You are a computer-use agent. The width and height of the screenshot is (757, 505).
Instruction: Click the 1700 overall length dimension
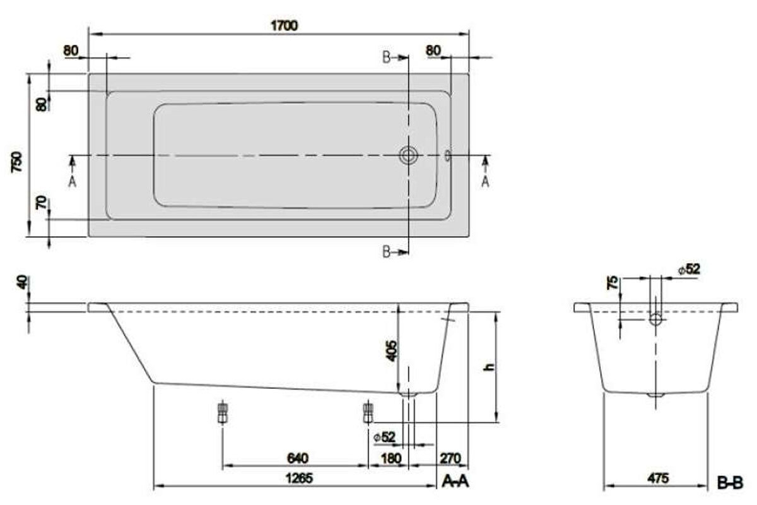click(285, 26)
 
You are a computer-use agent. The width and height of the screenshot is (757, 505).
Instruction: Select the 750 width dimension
click(17, 163)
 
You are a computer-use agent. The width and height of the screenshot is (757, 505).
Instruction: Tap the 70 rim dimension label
click(41, 203)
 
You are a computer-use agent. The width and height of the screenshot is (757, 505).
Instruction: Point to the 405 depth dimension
click(391, 351)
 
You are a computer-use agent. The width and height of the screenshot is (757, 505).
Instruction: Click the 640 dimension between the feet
click(298, 458)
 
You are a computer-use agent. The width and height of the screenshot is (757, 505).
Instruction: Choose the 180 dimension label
click(391, 458)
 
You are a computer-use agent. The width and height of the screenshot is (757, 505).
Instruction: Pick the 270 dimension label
click(450, 458)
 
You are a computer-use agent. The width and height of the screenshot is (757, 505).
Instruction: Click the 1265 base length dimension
click(300, 478)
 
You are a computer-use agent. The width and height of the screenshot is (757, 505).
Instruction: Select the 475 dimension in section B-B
click(659, 478)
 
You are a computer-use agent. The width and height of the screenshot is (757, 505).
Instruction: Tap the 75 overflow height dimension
click(613, 283)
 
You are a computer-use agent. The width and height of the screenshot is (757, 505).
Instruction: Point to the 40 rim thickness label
click(23, 282)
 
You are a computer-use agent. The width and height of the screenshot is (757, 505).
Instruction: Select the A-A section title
click(455, 481)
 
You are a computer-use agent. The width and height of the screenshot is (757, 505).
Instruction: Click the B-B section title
click(731, 484)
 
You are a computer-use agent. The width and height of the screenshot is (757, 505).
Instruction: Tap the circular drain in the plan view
click(409, 155)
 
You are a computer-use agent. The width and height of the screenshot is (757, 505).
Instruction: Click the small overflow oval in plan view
click(448, 156)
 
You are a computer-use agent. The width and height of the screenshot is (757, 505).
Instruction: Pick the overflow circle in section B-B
click(656, 319)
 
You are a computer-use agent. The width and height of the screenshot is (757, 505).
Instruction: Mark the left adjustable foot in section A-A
click(222, 412)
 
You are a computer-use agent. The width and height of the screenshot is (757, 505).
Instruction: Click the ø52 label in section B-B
click(689, 270)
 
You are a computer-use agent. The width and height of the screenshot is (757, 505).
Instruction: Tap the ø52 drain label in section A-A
click(384, 437)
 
